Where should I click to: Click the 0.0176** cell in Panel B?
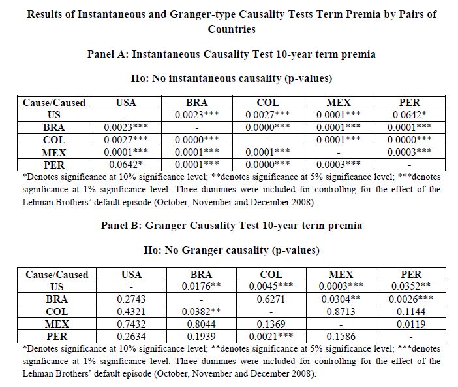pos(201,286)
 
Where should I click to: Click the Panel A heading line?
pos(231,54)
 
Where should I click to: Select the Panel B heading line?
pos(231,226)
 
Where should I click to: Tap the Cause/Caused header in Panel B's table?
pos(56,275)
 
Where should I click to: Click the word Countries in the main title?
pos(231,29)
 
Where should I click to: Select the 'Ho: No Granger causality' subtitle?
pos(231,250)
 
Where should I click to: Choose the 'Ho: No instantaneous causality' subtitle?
pos(231,78)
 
